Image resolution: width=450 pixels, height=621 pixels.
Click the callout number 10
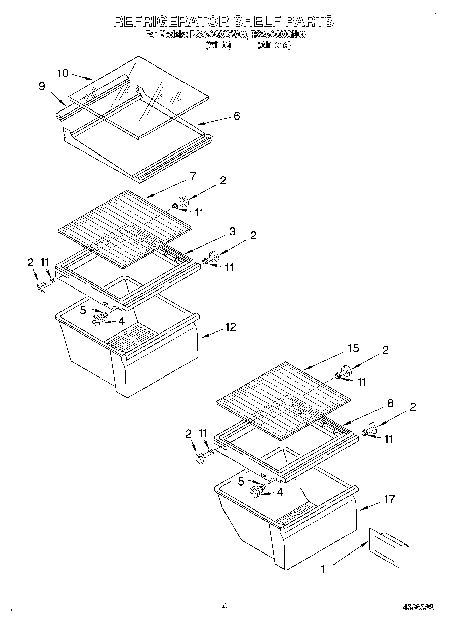click(x=63, y=73)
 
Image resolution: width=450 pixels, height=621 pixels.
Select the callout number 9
click(x=42, y=86)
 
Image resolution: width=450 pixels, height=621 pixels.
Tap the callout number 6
click(x=237, y=116)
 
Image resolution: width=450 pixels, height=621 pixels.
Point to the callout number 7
click(x=193, y=177)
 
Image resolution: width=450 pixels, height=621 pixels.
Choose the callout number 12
click(x=231, y=327)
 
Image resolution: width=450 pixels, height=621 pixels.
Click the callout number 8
click(x=390, y=403)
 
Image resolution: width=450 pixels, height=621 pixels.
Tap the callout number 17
click(x=389, y=499)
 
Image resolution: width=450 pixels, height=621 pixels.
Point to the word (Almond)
click(x=274, y=45)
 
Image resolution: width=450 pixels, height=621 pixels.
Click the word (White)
click(x=218, y=45)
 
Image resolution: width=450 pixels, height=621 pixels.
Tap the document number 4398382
click(x=418, y=607)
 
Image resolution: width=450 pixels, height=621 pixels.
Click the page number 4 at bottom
click(x=224, y=606)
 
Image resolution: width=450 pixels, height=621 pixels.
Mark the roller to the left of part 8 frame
click(x=201, y=458)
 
